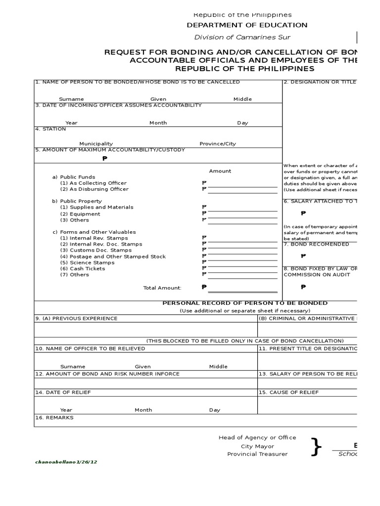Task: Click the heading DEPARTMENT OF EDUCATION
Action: [x=246, y=25]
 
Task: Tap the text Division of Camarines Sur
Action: [x=242, y=38]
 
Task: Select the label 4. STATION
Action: [x=50, y=129]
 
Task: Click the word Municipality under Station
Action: [x=96, y=144]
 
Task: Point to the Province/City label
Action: [x=218, y=144]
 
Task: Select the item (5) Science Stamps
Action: [x=87, y=262]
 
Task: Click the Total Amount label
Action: [x=162, y=288]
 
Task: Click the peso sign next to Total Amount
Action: [x=203, y=287]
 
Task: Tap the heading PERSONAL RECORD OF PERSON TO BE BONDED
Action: [x=245, y=303]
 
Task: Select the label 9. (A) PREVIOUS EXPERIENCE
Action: [x=76, y=319]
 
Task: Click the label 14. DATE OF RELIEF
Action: [x=63, y=392]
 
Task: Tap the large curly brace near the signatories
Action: [x=316, y=447]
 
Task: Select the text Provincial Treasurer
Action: [x=257, y=454]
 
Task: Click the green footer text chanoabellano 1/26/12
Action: [x=66, y=462]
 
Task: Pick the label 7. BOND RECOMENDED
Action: [x=316, y=244]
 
